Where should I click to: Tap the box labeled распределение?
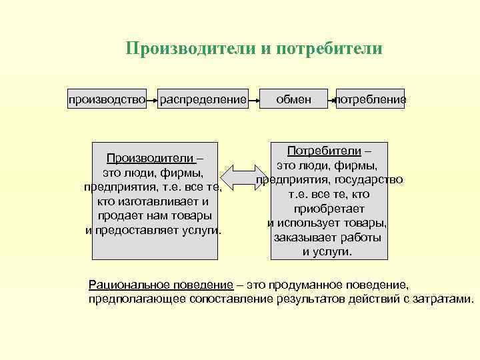click(x=203, y=100)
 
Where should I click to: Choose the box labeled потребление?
click(x=371, y=100)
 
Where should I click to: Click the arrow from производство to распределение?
click(x=153, y=101)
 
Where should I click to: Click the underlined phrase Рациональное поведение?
click(x=161, y=285)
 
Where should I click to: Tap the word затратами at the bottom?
click(x=446, y=299)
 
